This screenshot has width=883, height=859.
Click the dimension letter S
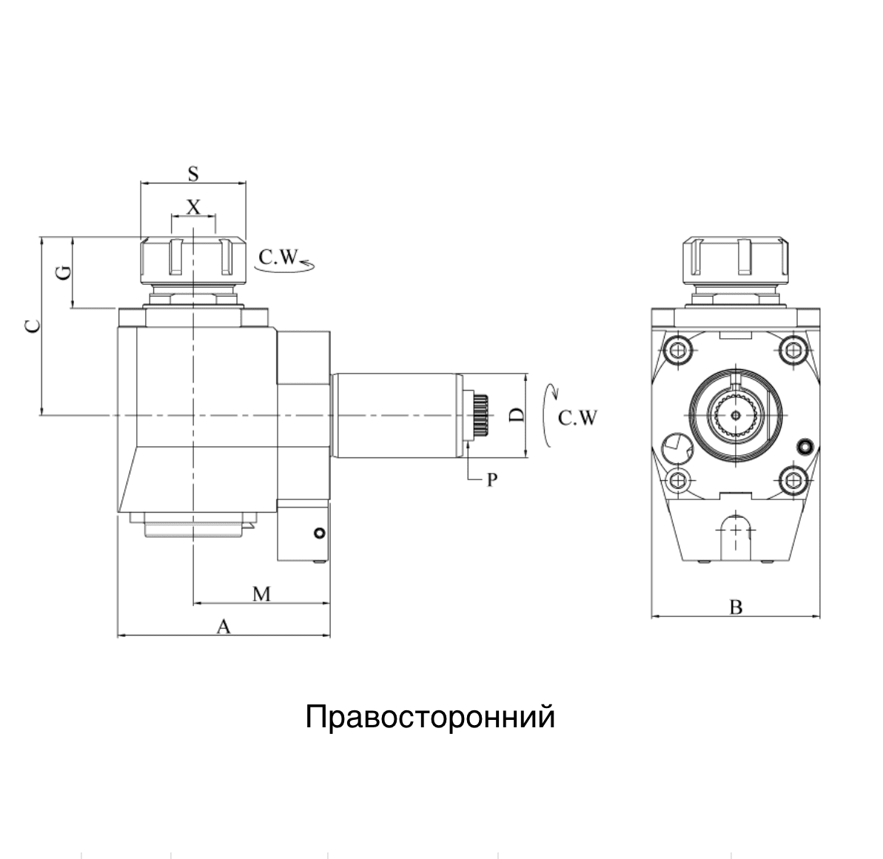[x=193, y=174]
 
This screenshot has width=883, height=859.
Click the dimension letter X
[x=193, y=206]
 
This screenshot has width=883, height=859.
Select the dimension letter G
[x=65, y=272]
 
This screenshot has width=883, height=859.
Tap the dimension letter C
[x=32, y=326]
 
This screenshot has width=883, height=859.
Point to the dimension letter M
[x=261, y=593]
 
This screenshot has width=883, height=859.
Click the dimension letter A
[x=224, y=627]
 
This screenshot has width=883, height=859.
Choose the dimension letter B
[x=735, y=607]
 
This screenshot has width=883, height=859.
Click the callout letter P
[x=491, y=480]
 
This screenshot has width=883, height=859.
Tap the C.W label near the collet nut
[x=278, y=257]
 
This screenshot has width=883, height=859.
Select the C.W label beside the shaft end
[x=577, y=418]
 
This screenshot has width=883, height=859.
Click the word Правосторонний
[x=430, y=717]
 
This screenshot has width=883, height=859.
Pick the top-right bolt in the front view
[x=794, y=349]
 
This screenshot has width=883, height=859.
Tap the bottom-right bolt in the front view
[x=794, y=482]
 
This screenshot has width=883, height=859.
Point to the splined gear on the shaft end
[x=480, y=416]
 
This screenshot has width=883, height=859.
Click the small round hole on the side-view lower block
[x=318, y=533]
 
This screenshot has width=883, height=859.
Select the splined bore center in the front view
[x=735, y=416]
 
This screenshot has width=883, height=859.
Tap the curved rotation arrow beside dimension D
[x=548, y=416]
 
